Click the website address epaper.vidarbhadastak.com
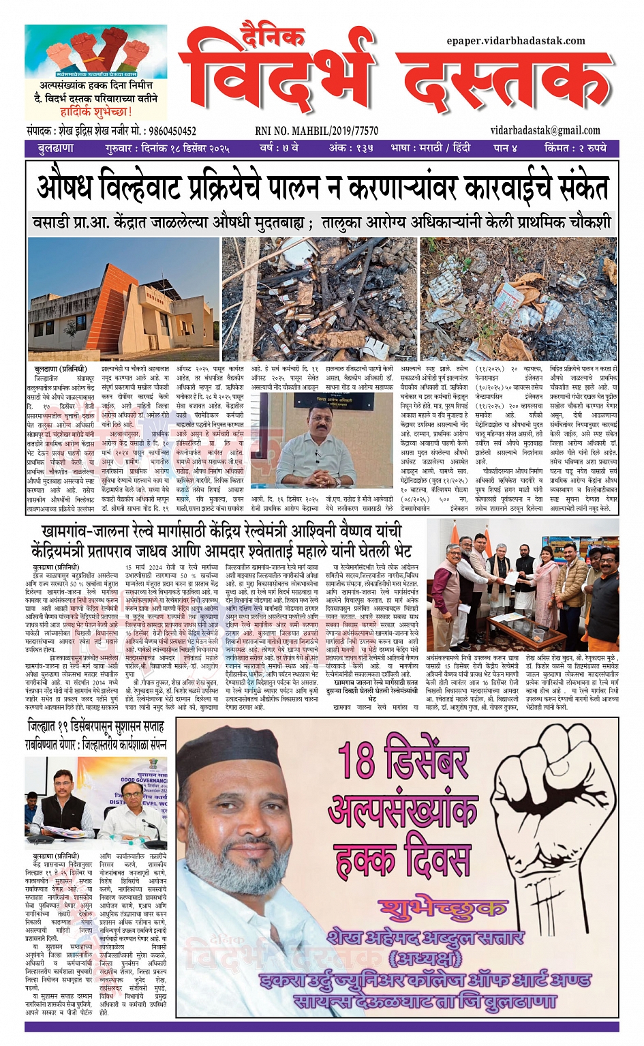click(516, 41)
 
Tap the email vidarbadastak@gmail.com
click(545, 131)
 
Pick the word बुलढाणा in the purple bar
click(56, 148)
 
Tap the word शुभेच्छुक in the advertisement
click(443, 908)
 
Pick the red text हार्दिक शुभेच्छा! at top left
click(95, 112)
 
